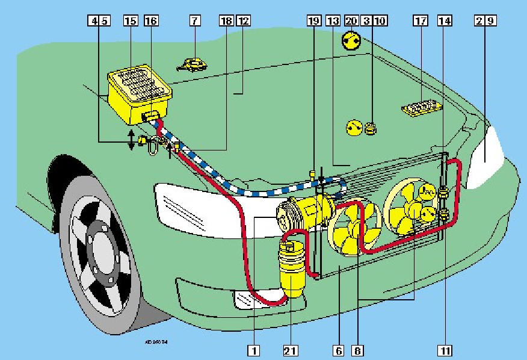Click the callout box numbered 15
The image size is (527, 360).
[x=131, y=20]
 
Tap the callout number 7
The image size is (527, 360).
[x=194, y=20]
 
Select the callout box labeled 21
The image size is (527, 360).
[x=291, y=349]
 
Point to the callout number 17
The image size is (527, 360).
[x=420, y=20]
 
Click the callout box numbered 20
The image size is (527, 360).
[x=351, y=20]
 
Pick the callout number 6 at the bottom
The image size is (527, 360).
[x=340, y=349]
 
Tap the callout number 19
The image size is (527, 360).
[x=314, y=20]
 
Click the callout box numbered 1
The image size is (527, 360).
[x=254, y=349]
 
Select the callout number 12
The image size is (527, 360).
[x=243, y=20]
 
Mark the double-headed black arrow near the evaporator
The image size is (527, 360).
[x=131, y=140]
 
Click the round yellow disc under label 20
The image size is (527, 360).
[x=351, y=41]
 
